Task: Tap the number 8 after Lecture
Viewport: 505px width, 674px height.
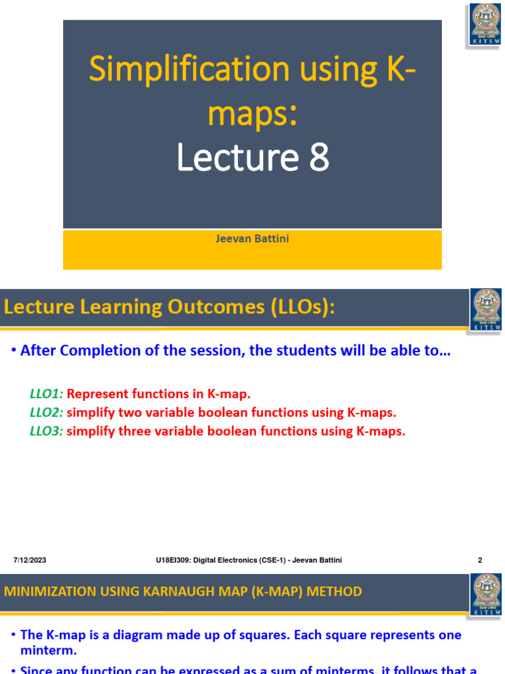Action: pos(316,158)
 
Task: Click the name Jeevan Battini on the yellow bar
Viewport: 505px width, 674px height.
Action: pos(252,238)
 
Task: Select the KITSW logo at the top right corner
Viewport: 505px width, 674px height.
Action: pos(485,24)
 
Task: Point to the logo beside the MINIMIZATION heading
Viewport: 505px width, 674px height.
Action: pos(487,594)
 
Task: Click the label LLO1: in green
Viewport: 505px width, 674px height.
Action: pos(46,394)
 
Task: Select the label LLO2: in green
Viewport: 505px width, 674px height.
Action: pos(46,413)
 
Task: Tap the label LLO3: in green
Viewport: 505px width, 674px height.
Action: pos(46,432)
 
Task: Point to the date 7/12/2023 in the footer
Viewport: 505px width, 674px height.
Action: pos(30,560)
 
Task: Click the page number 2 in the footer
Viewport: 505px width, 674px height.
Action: pos(480,560)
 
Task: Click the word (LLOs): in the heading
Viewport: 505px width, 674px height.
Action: pos(302,307)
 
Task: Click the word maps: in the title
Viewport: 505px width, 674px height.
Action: pos(252,113)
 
